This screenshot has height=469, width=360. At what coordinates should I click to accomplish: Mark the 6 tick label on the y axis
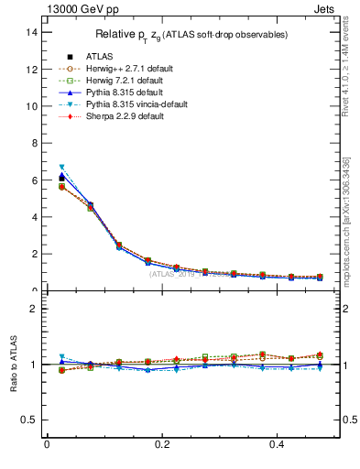[x=34, y=180]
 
